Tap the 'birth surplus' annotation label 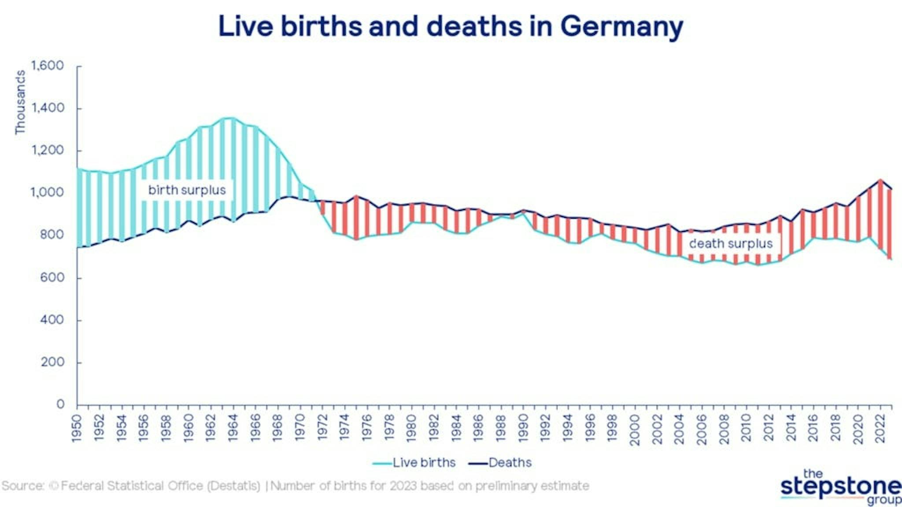[x=187, y=190]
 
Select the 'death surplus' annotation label [x=730, y=244]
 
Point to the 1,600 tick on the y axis [x=48, y=66]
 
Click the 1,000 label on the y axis [x=48, y=193]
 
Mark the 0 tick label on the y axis [x=60, y=404]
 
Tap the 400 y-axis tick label [x=52, y=320]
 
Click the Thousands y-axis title [x=20, y=102]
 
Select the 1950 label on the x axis [x=77, y=427]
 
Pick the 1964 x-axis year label [x=233, y=427]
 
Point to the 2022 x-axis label [x=880, y=427]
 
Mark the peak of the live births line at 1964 [x=233, y=118]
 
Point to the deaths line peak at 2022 [x=880, y=180]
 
